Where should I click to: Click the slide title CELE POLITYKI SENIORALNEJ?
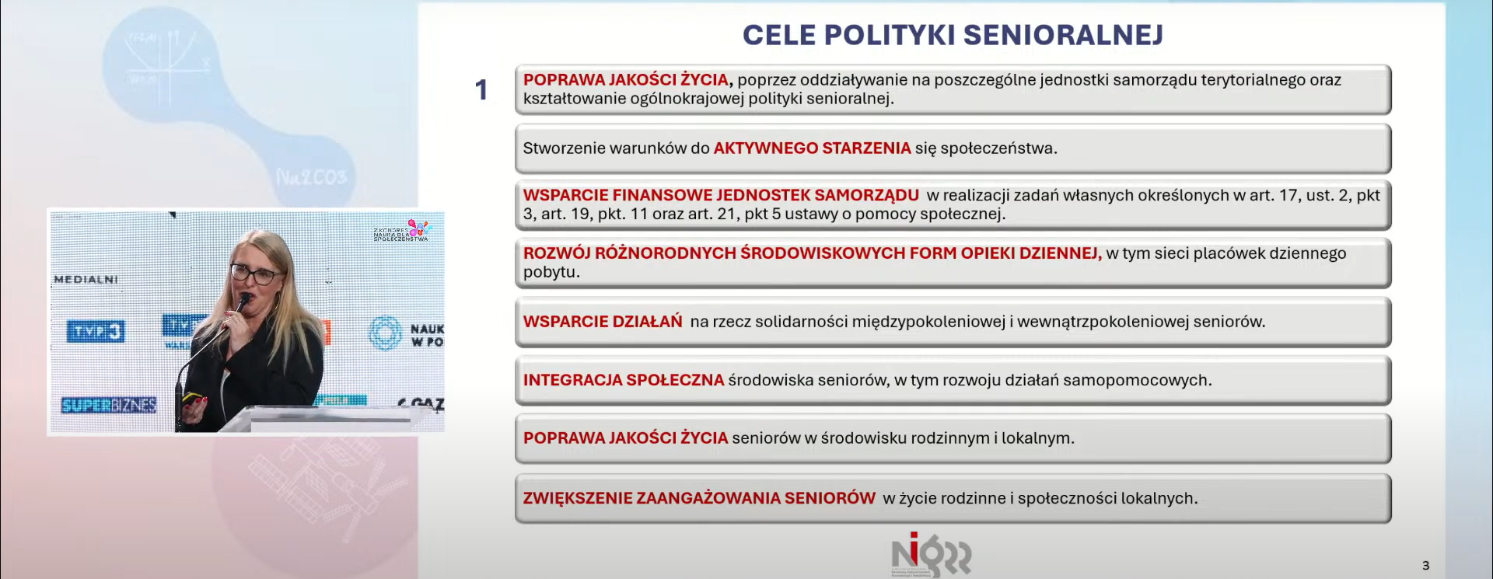point(953,35)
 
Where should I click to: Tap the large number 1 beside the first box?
point(481,90)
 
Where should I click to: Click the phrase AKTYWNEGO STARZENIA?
point(812,148)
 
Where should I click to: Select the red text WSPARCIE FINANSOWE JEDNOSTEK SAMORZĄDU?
point(721,195)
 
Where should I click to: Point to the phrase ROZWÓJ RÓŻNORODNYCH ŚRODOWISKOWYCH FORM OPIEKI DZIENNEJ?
point(812,253)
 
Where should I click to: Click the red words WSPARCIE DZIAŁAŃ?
point(603,322)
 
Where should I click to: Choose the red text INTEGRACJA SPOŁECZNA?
point(624,380)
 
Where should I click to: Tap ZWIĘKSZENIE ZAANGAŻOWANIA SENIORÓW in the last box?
point(699,498)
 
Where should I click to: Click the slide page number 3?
point(1425,566)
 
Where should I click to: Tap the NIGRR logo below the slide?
point(931,556)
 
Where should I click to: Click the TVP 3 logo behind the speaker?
point(96,332)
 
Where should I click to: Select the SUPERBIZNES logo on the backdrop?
point(109,405)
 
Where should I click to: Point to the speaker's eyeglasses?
point(253,274)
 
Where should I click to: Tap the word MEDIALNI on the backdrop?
point(86,280)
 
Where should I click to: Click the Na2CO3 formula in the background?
point(310,178)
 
